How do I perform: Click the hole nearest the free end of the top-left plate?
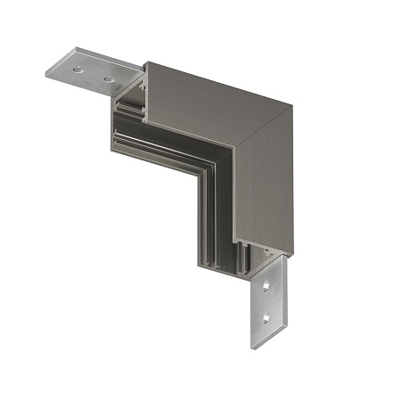coord(78,68)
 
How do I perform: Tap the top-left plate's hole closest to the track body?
coord(109,78)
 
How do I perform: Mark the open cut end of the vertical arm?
coord(223,254)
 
